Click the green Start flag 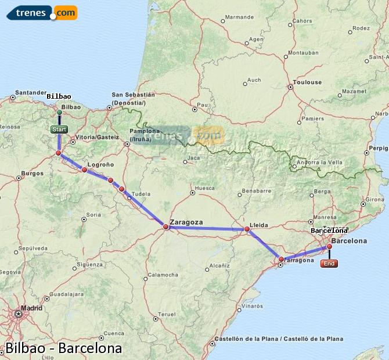pos(59,129)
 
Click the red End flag pos(329,264)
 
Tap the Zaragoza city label pos(186,222)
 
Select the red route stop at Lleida pos(247,230)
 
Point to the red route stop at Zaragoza pos(165,227)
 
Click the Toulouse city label pos(308,82)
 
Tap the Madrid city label pos(31,308)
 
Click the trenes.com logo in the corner pos(42,12)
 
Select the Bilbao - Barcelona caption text pos(63,348)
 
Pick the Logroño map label pos(102,164)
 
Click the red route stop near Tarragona pos(282,260)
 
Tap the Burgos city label pos(32,173)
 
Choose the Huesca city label pos(205,188)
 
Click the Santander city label pos(31,92)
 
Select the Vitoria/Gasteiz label pos(98,137)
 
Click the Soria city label pos(94,215)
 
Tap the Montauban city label pos(303,53)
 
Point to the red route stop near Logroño pos(85,170)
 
